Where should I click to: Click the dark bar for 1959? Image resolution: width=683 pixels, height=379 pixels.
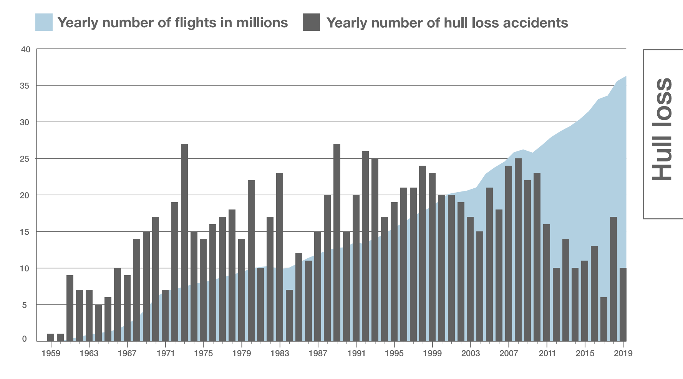[51, 337]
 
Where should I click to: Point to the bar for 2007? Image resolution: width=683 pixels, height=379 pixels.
[508, 253]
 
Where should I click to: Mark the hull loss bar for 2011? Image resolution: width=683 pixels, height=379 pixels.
[547, 283]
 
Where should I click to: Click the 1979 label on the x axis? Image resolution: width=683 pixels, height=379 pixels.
[242, 353]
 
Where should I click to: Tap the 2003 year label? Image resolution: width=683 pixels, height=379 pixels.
[470, 353]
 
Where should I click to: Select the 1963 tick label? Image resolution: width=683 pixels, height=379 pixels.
[89, 353]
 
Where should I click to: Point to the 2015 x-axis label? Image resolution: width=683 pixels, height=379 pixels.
[585, 353]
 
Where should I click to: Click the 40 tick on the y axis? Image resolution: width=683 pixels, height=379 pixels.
[25, 49]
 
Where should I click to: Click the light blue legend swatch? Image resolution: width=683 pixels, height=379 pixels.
[44, 22]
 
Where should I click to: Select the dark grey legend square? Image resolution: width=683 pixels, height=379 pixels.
[311, 22]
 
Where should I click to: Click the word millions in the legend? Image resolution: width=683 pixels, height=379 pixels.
[262, 23]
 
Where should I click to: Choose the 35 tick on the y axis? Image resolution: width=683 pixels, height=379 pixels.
[25, 86]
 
